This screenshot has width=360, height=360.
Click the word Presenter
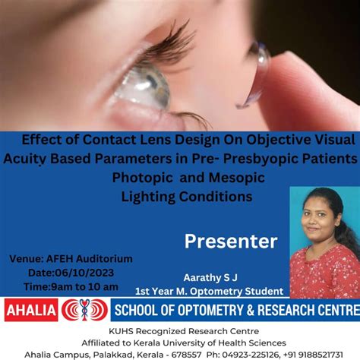point(231,242)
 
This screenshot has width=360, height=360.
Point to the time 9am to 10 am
point(85,286)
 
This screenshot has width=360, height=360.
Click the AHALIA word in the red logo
point(30,310)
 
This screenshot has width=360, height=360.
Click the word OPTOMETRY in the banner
point(216,310)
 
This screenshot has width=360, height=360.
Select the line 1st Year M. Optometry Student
point(209,291)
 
